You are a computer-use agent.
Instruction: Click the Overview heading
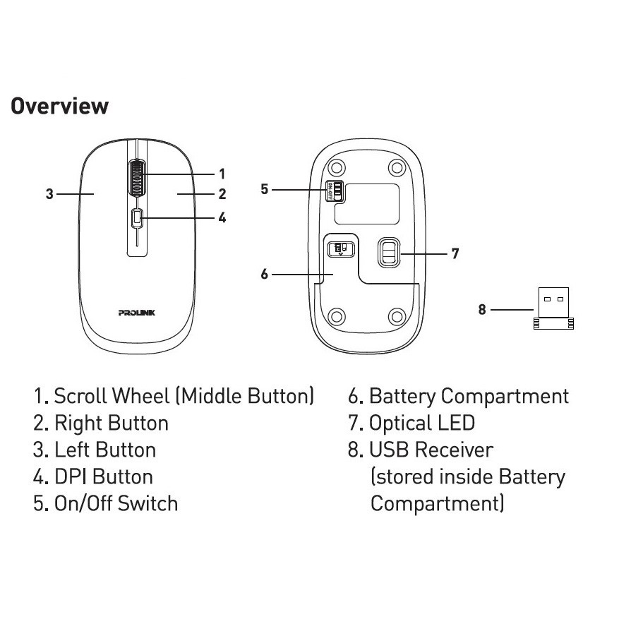coord(59,107)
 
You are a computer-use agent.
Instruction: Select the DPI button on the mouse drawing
coord(137,219)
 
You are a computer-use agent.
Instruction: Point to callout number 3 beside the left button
coord(49,193)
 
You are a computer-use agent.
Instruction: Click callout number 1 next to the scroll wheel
coord(222,174)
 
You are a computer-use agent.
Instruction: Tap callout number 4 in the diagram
coord(222,217)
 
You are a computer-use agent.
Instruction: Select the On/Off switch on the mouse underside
coord(334,191)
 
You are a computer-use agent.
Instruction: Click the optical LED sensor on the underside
coord(387,252)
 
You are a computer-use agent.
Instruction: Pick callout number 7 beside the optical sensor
coord(455,253)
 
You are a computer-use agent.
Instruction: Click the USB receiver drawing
coord(553,308)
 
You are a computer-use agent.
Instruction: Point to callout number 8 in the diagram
coord(482,309)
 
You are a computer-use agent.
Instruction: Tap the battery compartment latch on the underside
coord(339,248)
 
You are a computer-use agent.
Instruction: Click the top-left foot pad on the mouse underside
coord(337,167)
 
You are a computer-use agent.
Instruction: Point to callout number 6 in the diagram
coord(265,274)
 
